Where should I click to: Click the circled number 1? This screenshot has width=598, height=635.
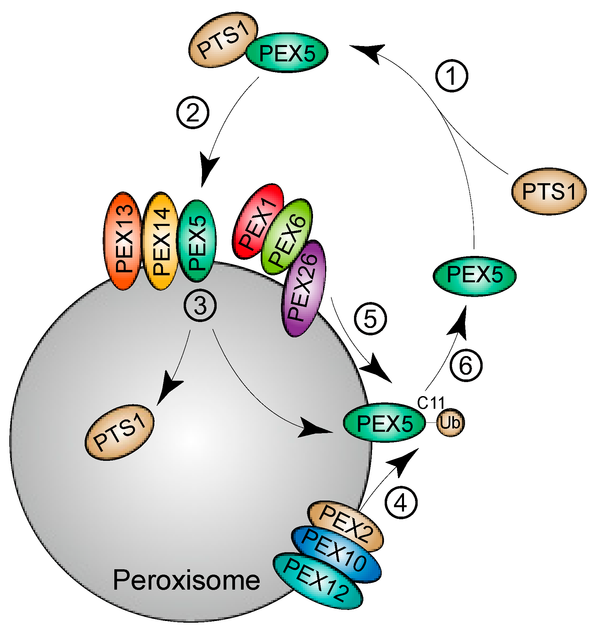(452, 76)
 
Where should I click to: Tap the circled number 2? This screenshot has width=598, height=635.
(193, 112)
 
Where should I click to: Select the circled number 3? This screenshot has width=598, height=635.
(200, 306)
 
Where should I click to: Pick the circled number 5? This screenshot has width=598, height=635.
(370, 318)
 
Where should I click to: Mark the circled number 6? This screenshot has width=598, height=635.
(466, 365)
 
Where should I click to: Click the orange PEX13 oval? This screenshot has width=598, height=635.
(123, 241)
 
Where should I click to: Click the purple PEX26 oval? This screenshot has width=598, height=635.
(303, 289)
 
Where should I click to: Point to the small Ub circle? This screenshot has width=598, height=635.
(450, 423)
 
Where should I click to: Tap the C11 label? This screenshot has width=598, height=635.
(431, 403)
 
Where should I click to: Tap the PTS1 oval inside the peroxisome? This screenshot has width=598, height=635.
(120, 432)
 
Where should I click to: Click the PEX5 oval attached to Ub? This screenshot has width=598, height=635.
(384, 423)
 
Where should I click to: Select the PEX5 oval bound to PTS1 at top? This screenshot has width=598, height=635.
(287, 53)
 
